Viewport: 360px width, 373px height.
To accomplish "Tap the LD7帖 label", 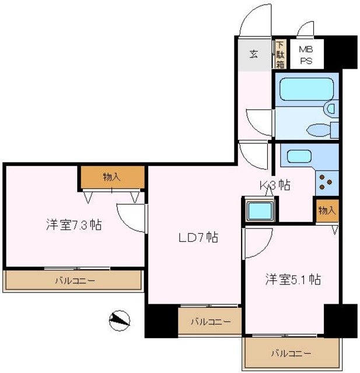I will coord(198,237).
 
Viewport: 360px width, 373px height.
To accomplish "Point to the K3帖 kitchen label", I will coord(275,185).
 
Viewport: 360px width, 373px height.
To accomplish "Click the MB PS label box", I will coord(305,54).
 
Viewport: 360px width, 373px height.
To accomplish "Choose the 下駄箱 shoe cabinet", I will coord(280,54).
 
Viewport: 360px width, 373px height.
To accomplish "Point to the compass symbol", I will coord(119,320).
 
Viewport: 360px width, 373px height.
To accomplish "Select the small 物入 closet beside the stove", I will coord(327,210).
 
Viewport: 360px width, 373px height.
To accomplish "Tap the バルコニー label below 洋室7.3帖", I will coord(75,281).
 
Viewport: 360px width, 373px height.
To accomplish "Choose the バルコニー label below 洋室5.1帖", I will coord(291,353).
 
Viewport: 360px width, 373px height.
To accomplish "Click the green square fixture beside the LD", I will coord(259,211).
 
